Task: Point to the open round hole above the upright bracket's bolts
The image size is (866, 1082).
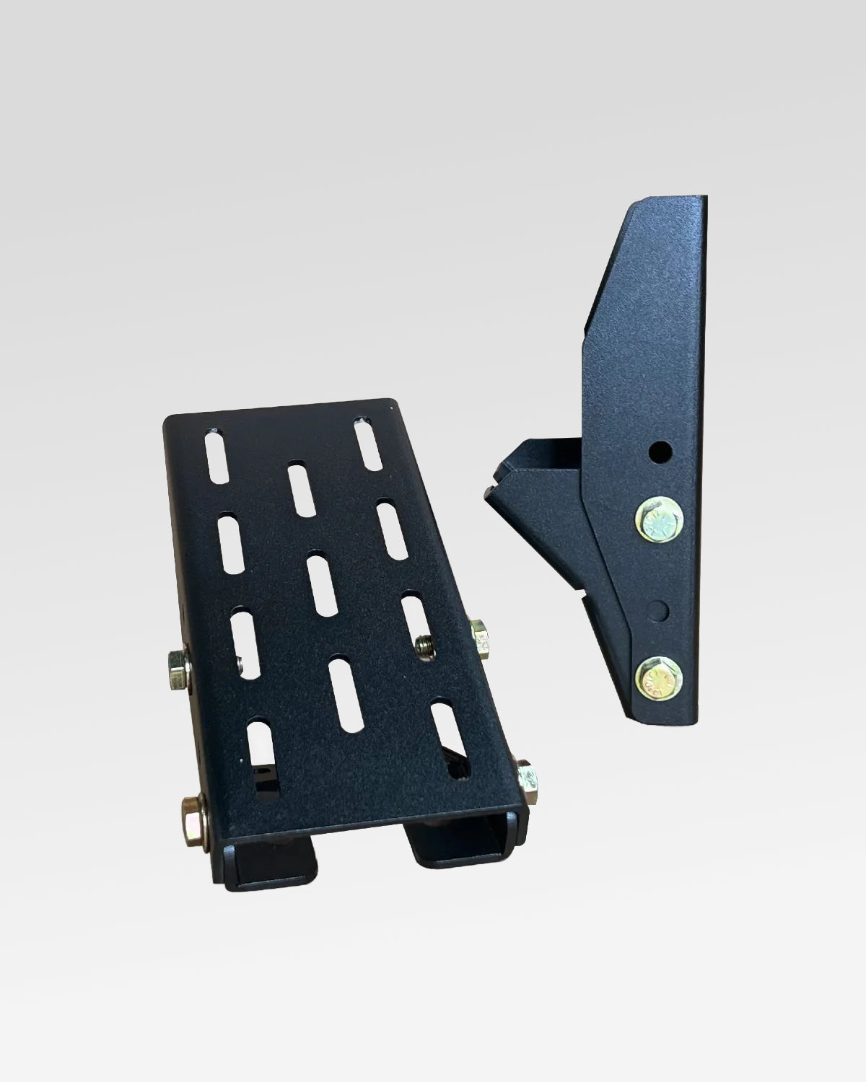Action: click(659, 453)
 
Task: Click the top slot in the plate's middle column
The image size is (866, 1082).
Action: click(299, 488)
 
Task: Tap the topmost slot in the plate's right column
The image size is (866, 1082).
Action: click(367, 442)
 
